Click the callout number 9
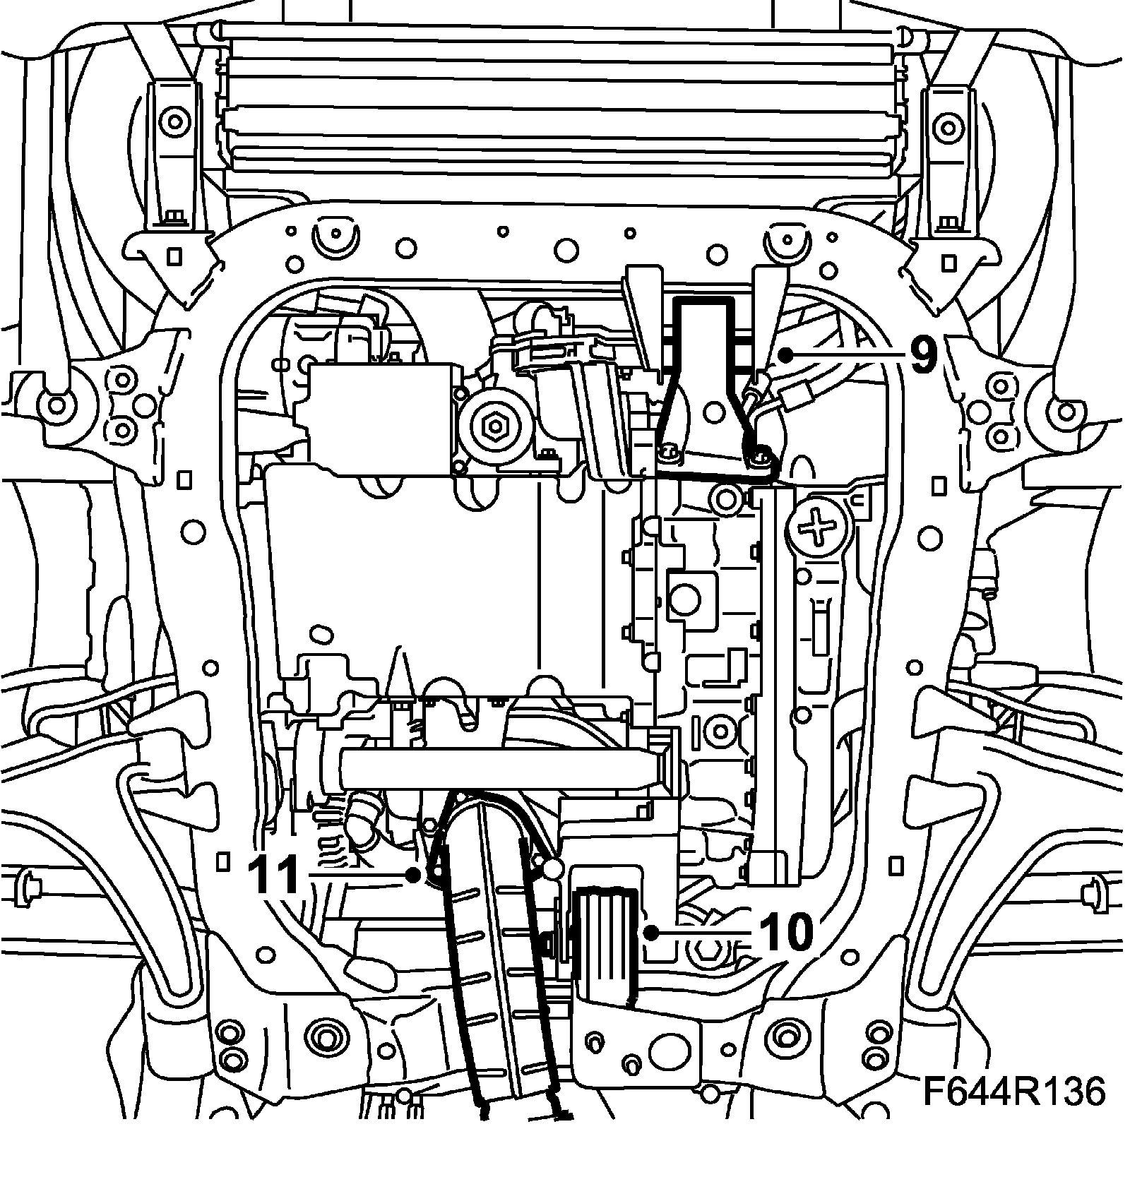(x=923, y=355)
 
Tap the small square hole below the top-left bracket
(x=174, y=253)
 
